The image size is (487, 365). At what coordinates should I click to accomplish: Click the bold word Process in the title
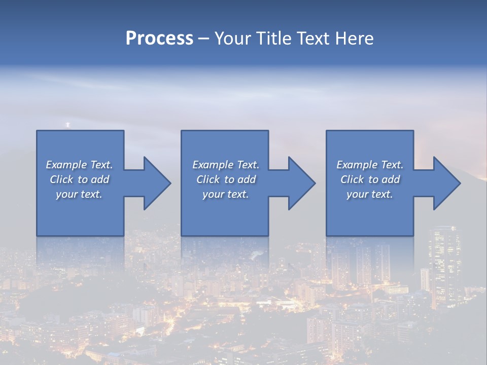point(159,39)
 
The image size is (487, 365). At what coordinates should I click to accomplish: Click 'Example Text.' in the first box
point(79,165)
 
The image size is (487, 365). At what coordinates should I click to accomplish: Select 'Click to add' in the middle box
point(226,179)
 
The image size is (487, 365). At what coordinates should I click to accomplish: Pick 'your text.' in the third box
point(370,194)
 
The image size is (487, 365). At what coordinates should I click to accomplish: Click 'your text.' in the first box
point(79,194)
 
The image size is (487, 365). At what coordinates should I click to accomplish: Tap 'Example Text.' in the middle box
point(226,165)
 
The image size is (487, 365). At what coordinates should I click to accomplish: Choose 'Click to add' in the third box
point(370,179)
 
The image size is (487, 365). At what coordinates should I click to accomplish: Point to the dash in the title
point(204,39)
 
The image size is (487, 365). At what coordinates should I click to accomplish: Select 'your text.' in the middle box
point(226,194)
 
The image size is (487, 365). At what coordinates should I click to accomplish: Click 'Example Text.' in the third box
point(370,165)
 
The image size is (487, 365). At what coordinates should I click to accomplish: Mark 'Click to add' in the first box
point(79,179)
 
